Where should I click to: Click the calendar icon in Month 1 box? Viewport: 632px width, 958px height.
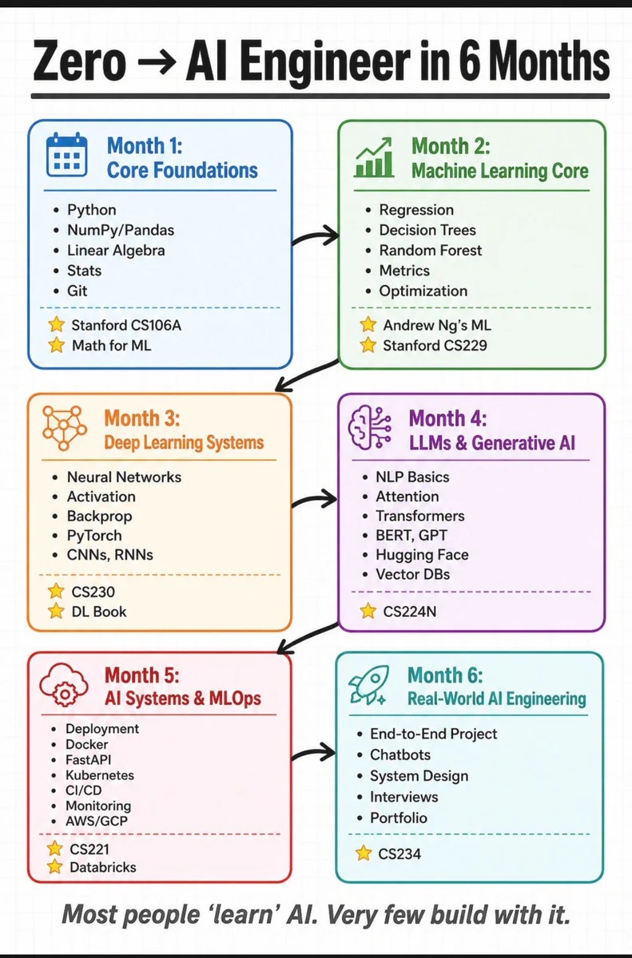(67, 155)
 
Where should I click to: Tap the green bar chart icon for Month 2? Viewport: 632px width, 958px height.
(374, 157)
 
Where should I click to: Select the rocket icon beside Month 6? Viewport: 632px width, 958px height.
(368, 685)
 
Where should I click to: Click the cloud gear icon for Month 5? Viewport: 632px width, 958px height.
(64, 684)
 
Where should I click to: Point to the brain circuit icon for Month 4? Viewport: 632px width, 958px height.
(370, 427)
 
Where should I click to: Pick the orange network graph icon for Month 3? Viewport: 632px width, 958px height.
(64, 428)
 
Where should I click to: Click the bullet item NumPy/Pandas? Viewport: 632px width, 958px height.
(121, 230)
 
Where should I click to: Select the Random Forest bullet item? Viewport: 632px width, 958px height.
(431, 250)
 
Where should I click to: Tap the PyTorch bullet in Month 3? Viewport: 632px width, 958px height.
(94, 536)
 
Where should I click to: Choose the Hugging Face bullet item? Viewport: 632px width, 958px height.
(423, 555)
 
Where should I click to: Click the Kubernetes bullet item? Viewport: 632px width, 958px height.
(100, 775)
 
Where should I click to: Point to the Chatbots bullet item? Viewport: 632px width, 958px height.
(400, 754)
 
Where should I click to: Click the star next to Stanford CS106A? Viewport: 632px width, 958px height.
(57, 325)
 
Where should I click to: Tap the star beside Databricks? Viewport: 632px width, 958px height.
(55, 866)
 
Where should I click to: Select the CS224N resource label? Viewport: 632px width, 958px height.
(410, 612)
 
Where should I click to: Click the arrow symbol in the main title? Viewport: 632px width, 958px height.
(157, 62)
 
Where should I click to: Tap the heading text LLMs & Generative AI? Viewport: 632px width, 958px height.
(492, 443)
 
